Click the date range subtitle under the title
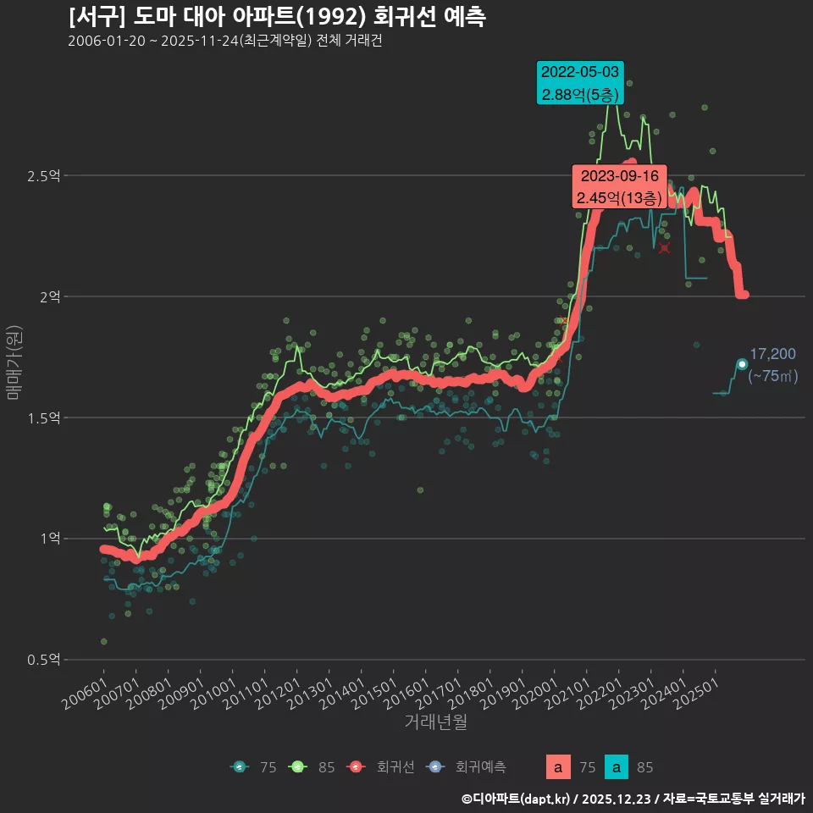coord(224,41)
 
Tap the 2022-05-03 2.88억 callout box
coord(580,83)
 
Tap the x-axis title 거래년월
coord(435,722)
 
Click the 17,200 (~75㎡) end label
coord(773,365)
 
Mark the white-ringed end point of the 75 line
coord(742,364)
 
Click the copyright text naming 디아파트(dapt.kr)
coord(633,798)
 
